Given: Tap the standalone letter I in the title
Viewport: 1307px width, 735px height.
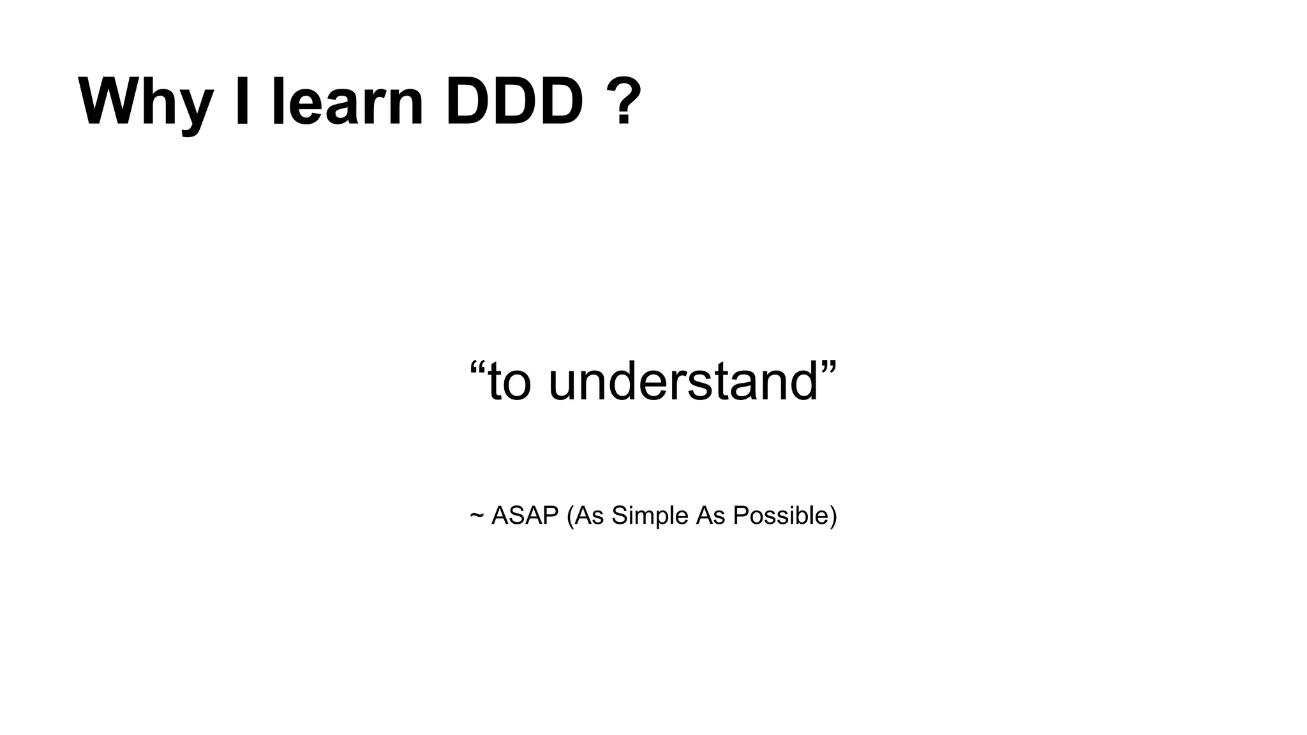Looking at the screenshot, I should [x=242, y=102].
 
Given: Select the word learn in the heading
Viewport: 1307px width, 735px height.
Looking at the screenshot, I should [x=347, y=102].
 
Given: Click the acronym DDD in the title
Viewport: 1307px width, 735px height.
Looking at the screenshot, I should [x=514, y=102].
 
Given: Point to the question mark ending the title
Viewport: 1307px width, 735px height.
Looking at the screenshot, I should [x=621, y=102].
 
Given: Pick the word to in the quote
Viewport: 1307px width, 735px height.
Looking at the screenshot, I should [x=509, y=382].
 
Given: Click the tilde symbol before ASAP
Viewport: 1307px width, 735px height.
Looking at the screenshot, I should [x=476, y=516].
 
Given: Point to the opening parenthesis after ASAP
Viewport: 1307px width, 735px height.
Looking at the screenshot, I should [x=570, y=516].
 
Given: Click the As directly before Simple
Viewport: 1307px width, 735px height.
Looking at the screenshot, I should [x=589, y=516].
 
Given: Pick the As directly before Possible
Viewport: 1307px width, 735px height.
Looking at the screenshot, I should [x=710, y=516].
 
